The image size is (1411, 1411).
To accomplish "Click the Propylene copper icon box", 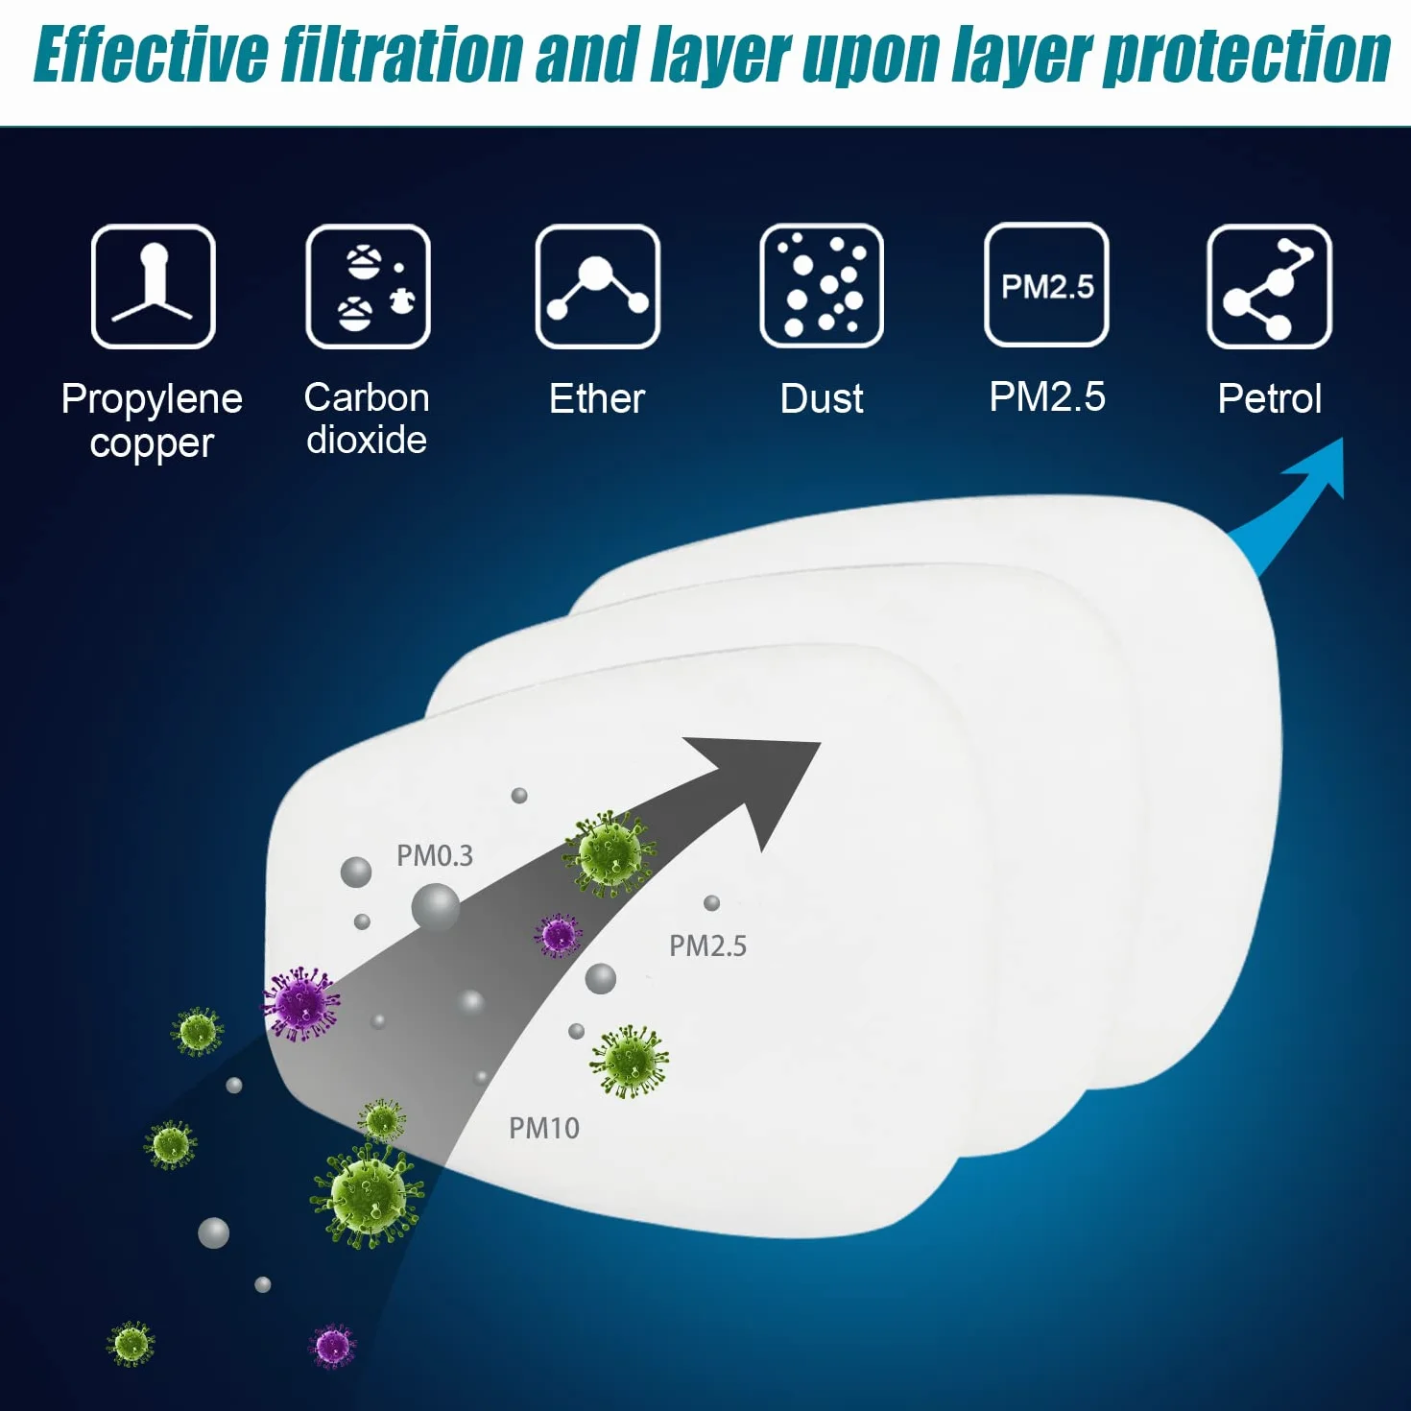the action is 153,286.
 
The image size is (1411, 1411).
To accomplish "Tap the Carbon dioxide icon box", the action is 368,286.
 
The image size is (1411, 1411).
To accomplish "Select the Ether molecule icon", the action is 597,286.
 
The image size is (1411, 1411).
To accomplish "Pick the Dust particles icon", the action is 822,286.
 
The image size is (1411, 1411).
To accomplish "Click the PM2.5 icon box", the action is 1046,285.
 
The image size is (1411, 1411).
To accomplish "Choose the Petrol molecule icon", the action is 1269,286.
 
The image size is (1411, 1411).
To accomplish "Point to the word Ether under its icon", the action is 597,399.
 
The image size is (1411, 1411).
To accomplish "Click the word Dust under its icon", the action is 822,399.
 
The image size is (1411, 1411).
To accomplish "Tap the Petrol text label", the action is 1270,399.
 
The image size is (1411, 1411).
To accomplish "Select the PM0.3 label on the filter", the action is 435,855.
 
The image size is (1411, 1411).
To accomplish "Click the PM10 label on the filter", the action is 544,1129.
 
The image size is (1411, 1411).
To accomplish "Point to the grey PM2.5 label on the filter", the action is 708,946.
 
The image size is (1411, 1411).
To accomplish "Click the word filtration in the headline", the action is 402,53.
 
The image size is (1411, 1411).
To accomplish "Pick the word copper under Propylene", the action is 152,444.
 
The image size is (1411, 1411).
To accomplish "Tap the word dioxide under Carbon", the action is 367,441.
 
